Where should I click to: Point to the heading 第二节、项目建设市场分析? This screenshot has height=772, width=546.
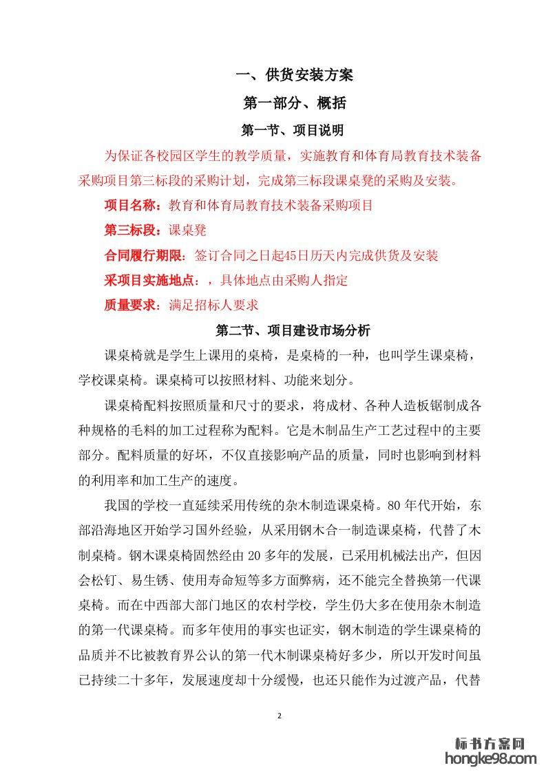pos(294,331)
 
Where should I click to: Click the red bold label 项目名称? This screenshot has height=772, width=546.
pos(129,205)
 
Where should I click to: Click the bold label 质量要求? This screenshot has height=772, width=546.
pos(129,305)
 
